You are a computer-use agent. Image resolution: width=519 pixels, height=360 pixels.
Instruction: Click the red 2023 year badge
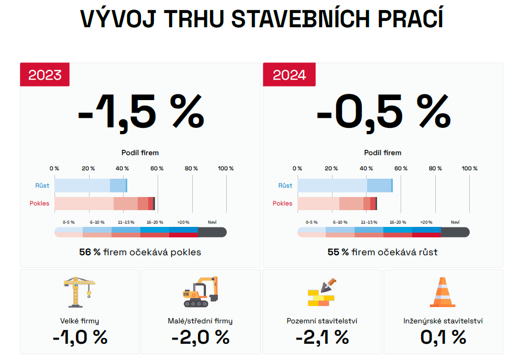(45, 74)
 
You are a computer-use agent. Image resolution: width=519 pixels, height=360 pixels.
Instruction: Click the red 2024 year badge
(289, 74)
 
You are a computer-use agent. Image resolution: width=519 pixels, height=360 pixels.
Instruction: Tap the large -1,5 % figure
(141, 113)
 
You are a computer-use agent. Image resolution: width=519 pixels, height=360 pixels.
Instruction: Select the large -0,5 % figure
(384, 113)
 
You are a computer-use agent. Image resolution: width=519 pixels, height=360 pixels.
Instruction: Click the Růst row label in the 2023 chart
(42, 186)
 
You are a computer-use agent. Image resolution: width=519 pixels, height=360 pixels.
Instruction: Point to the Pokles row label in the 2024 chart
(282, 203)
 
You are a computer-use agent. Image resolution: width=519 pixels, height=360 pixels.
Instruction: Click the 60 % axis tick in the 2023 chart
(157, 168)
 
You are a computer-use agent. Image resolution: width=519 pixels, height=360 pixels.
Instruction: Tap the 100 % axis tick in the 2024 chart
(470, 168)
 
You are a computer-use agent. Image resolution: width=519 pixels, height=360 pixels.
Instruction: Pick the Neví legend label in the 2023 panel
(212, 222)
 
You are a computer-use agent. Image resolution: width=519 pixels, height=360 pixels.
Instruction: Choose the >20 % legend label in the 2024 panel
(426, 222)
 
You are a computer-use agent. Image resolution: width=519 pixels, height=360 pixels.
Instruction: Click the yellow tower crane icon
(80, 292)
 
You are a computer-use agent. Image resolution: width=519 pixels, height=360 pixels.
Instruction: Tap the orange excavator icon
(201, 292)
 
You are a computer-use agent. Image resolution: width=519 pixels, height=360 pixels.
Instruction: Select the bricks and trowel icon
(322, 292)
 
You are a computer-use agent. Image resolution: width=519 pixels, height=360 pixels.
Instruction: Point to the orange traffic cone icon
(443, 292)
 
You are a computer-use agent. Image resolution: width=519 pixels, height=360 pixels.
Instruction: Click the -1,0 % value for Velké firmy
(80, 337)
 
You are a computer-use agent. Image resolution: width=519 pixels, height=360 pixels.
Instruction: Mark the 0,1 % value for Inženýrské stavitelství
(443, 337)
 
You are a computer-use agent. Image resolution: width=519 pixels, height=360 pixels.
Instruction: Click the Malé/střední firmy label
(200, 321)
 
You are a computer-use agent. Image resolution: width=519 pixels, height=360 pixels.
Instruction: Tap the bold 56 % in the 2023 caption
(90, 252)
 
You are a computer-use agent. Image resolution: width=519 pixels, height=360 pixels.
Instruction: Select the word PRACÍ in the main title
(411, 18)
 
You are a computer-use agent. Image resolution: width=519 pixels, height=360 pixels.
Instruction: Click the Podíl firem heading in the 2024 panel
(383, 152)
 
